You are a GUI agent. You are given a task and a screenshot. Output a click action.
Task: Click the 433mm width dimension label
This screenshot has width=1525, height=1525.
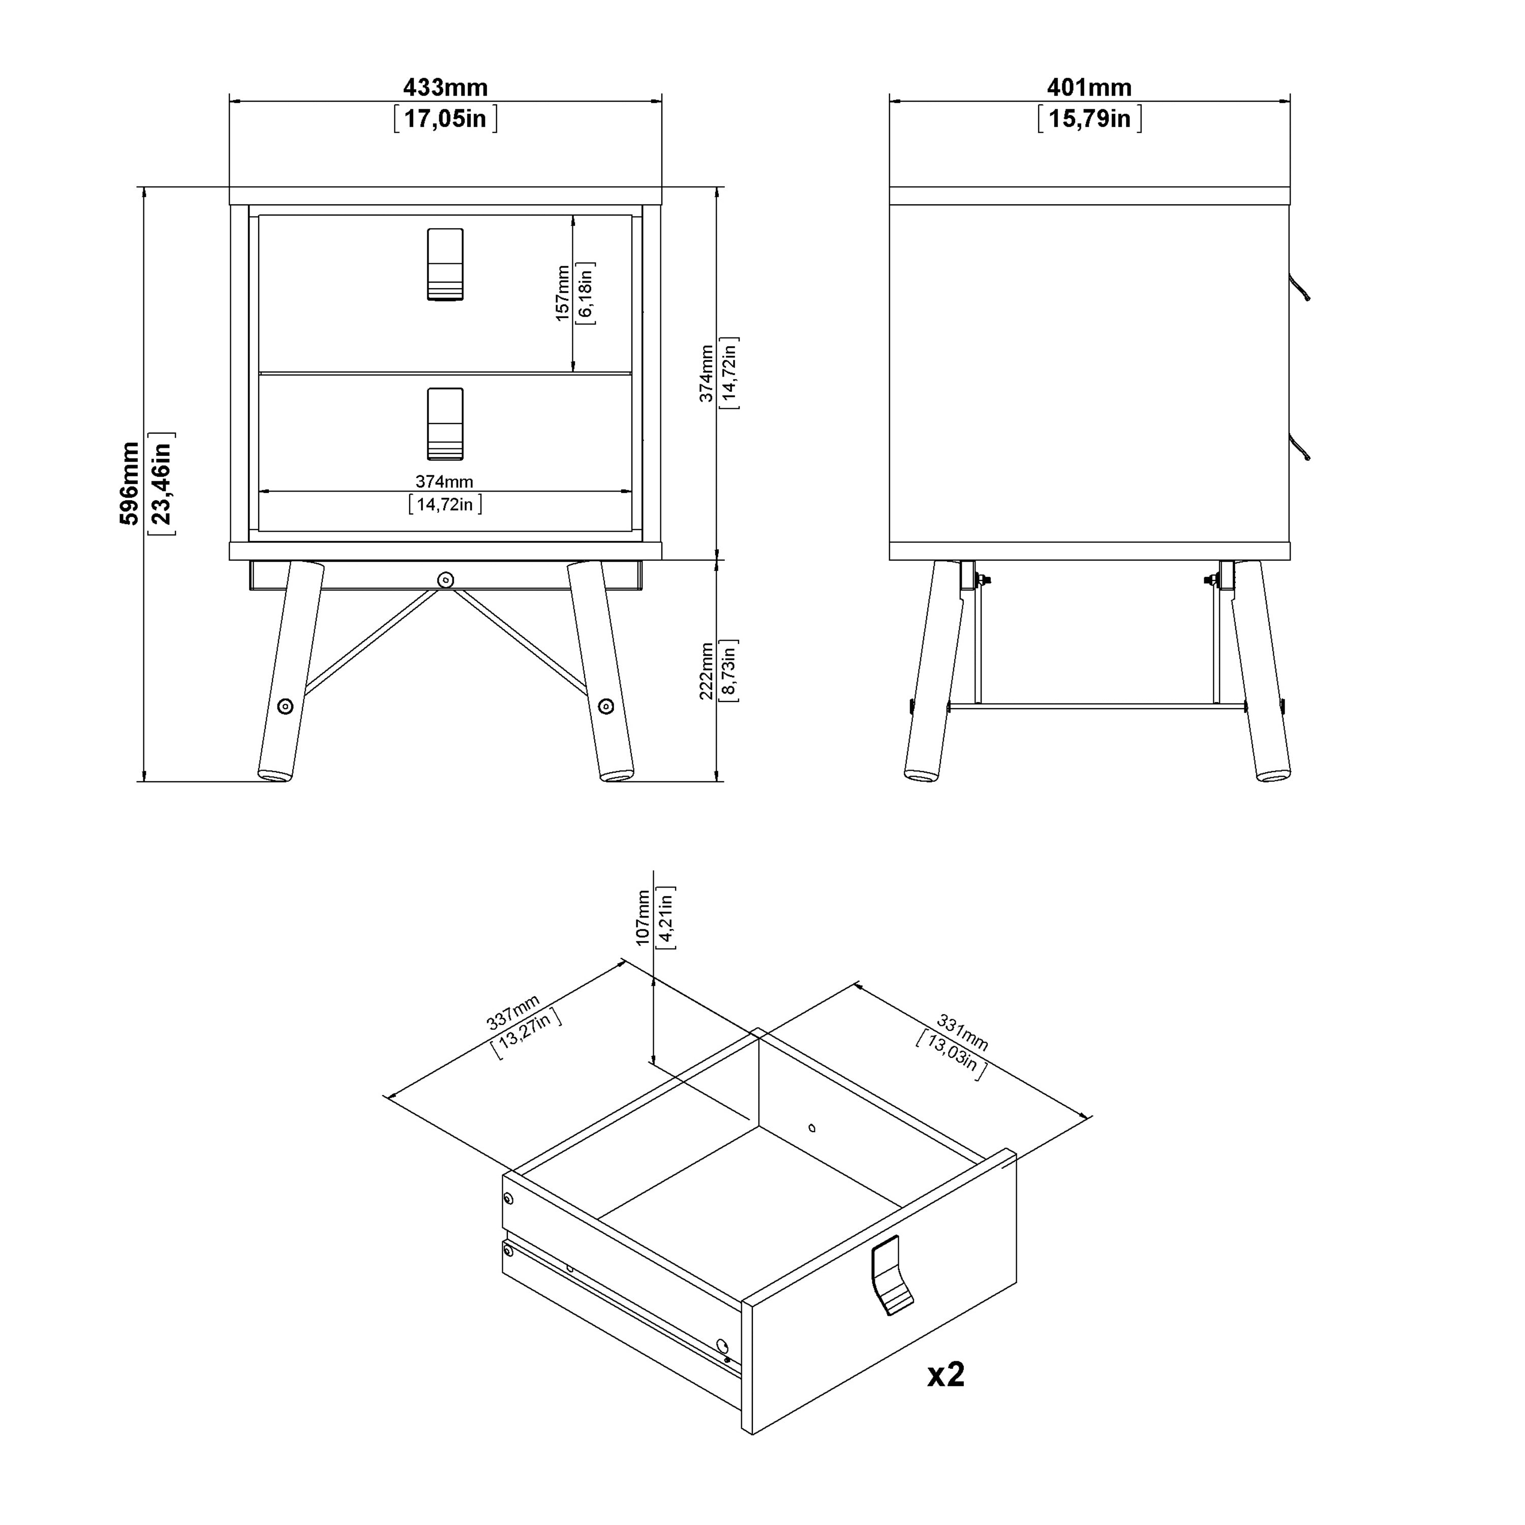tap(445, 87)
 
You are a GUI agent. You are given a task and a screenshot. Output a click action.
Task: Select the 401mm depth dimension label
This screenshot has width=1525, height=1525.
tap(1089, 87)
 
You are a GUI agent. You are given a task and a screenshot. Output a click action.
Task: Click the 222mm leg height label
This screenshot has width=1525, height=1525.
tap(707, 671)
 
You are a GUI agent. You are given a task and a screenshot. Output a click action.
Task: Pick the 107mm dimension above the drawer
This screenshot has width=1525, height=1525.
tap(643, 917)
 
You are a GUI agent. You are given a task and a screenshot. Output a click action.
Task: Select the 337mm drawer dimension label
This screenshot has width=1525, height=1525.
tap(513, 1012)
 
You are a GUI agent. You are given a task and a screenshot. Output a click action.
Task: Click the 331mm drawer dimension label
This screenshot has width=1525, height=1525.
tap(962, 1032)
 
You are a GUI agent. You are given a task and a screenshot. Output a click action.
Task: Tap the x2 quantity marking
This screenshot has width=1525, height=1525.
tap(945, 1374)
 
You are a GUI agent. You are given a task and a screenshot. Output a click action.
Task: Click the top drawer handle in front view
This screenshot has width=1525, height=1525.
tap(445, 264)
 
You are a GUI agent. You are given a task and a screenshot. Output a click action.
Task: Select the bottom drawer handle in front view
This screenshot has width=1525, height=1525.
tap(445, 424)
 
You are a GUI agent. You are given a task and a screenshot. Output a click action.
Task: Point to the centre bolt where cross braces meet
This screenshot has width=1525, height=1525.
tap(445, 580)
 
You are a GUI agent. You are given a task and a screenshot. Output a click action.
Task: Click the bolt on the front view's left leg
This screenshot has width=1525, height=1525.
tap(285, 707)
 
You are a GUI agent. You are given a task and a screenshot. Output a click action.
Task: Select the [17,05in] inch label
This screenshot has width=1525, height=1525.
tap(445, 119)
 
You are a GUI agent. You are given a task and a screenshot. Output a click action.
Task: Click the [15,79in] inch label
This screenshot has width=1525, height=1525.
tap(1089, 119)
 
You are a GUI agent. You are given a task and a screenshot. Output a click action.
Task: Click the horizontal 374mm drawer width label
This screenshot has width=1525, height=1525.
tap(444, 481)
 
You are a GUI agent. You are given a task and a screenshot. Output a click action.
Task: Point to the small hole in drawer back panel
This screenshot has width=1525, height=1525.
tap(812, 1128)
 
